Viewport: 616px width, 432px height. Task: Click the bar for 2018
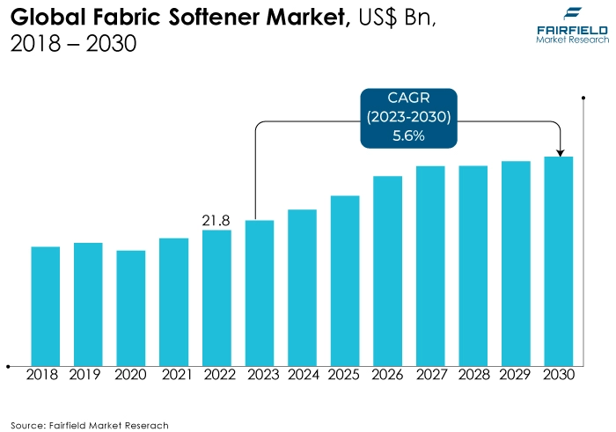(x=46, y=305)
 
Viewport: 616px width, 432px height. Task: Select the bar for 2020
(x=131, y=307)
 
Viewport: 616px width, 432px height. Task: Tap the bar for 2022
(x=216, y=297)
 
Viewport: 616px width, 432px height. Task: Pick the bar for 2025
(x=345, y=280)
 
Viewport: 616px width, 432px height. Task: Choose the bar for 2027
(x=430, y=265)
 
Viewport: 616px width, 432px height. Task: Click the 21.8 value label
(x=216, y=220)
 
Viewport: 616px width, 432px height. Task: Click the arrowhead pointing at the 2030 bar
(x=560, y=150)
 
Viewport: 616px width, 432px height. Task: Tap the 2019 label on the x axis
(x=88, y=375)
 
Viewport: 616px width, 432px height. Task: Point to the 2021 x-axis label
(x=173, y=375)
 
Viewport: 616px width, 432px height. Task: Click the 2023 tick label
(x=260, y=375)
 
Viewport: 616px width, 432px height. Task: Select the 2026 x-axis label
(x=388, y=375)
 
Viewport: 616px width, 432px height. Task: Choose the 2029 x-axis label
(x=517, y=375)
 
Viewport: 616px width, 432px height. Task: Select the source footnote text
(x=89, y=424)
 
